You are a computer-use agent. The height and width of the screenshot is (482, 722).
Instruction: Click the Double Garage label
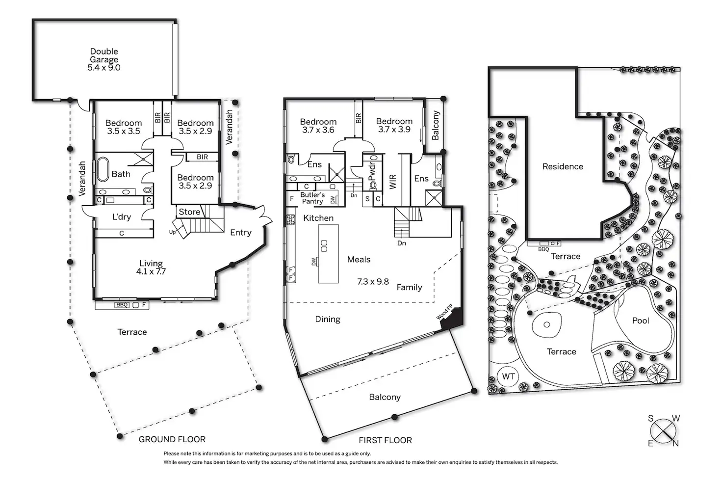tap(104, 59)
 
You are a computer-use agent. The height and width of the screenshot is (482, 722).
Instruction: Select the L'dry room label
tap(121, 217)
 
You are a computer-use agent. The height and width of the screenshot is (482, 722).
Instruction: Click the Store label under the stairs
tap(189, 212)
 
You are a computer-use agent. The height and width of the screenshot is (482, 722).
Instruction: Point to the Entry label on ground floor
tap(240, 233)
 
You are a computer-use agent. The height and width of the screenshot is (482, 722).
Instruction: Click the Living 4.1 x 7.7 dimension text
tap(151, 271)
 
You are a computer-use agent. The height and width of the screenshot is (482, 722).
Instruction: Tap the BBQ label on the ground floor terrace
tap(122, 305)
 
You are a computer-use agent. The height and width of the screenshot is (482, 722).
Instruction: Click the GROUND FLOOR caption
tap(172, 439)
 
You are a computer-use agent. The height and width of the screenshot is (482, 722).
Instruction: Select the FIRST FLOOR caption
tap(385, 440)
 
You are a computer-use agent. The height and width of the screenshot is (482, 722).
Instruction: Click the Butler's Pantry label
tap(312, 198)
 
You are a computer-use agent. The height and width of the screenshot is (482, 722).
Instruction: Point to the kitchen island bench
tap(328, 254)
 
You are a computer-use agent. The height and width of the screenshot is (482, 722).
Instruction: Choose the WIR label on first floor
tap(392, 182)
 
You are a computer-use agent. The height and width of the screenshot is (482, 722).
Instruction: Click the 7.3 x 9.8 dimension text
tap(373, 282)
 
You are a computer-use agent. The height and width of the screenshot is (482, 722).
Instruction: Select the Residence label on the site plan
tap(563, 166)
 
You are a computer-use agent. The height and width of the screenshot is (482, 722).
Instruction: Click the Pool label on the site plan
tap(640, 321)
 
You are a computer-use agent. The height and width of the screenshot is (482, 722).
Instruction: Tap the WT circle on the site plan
tap(508, 376)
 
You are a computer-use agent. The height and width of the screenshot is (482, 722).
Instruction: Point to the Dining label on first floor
tap(327, 319)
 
